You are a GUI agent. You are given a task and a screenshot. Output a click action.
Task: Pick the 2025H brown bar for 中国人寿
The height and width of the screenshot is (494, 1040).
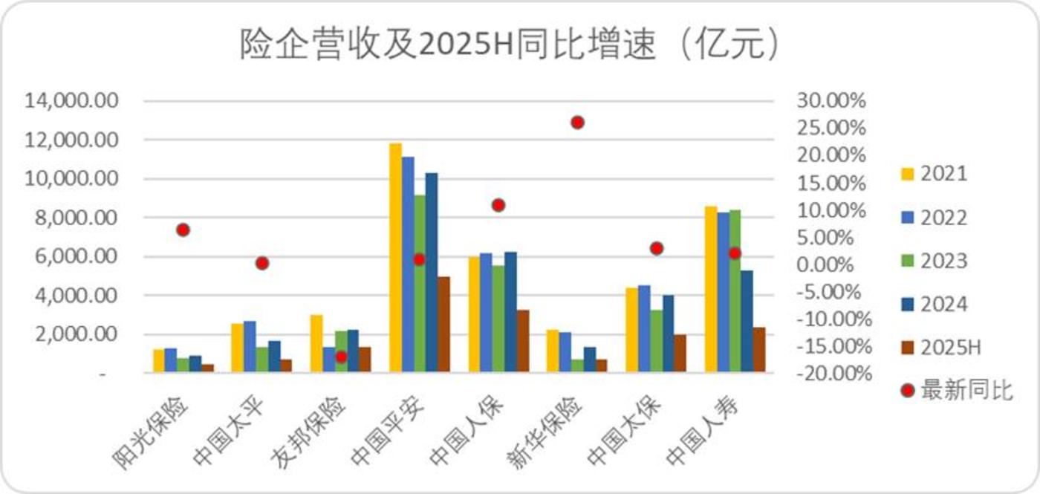[758, 349]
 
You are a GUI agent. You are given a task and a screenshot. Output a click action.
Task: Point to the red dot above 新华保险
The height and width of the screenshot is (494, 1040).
[577, 123]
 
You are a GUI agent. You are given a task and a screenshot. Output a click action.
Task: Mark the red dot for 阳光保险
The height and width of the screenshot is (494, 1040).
[183, 230]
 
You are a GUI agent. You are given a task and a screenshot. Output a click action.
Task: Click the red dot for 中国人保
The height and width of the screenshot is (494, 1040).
[498, 205]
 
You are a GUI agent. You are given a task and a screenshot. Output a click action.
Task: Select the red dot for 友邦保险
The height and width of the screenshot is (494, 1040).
[341, 357]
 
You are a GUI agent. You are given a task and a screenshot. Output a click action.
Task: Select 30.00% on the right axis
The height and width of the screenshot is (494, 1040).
[831, 101]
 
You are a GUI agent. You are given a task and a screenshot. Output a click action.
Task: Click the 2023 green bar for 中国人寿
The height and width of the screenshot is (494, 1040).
[735, 290]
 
